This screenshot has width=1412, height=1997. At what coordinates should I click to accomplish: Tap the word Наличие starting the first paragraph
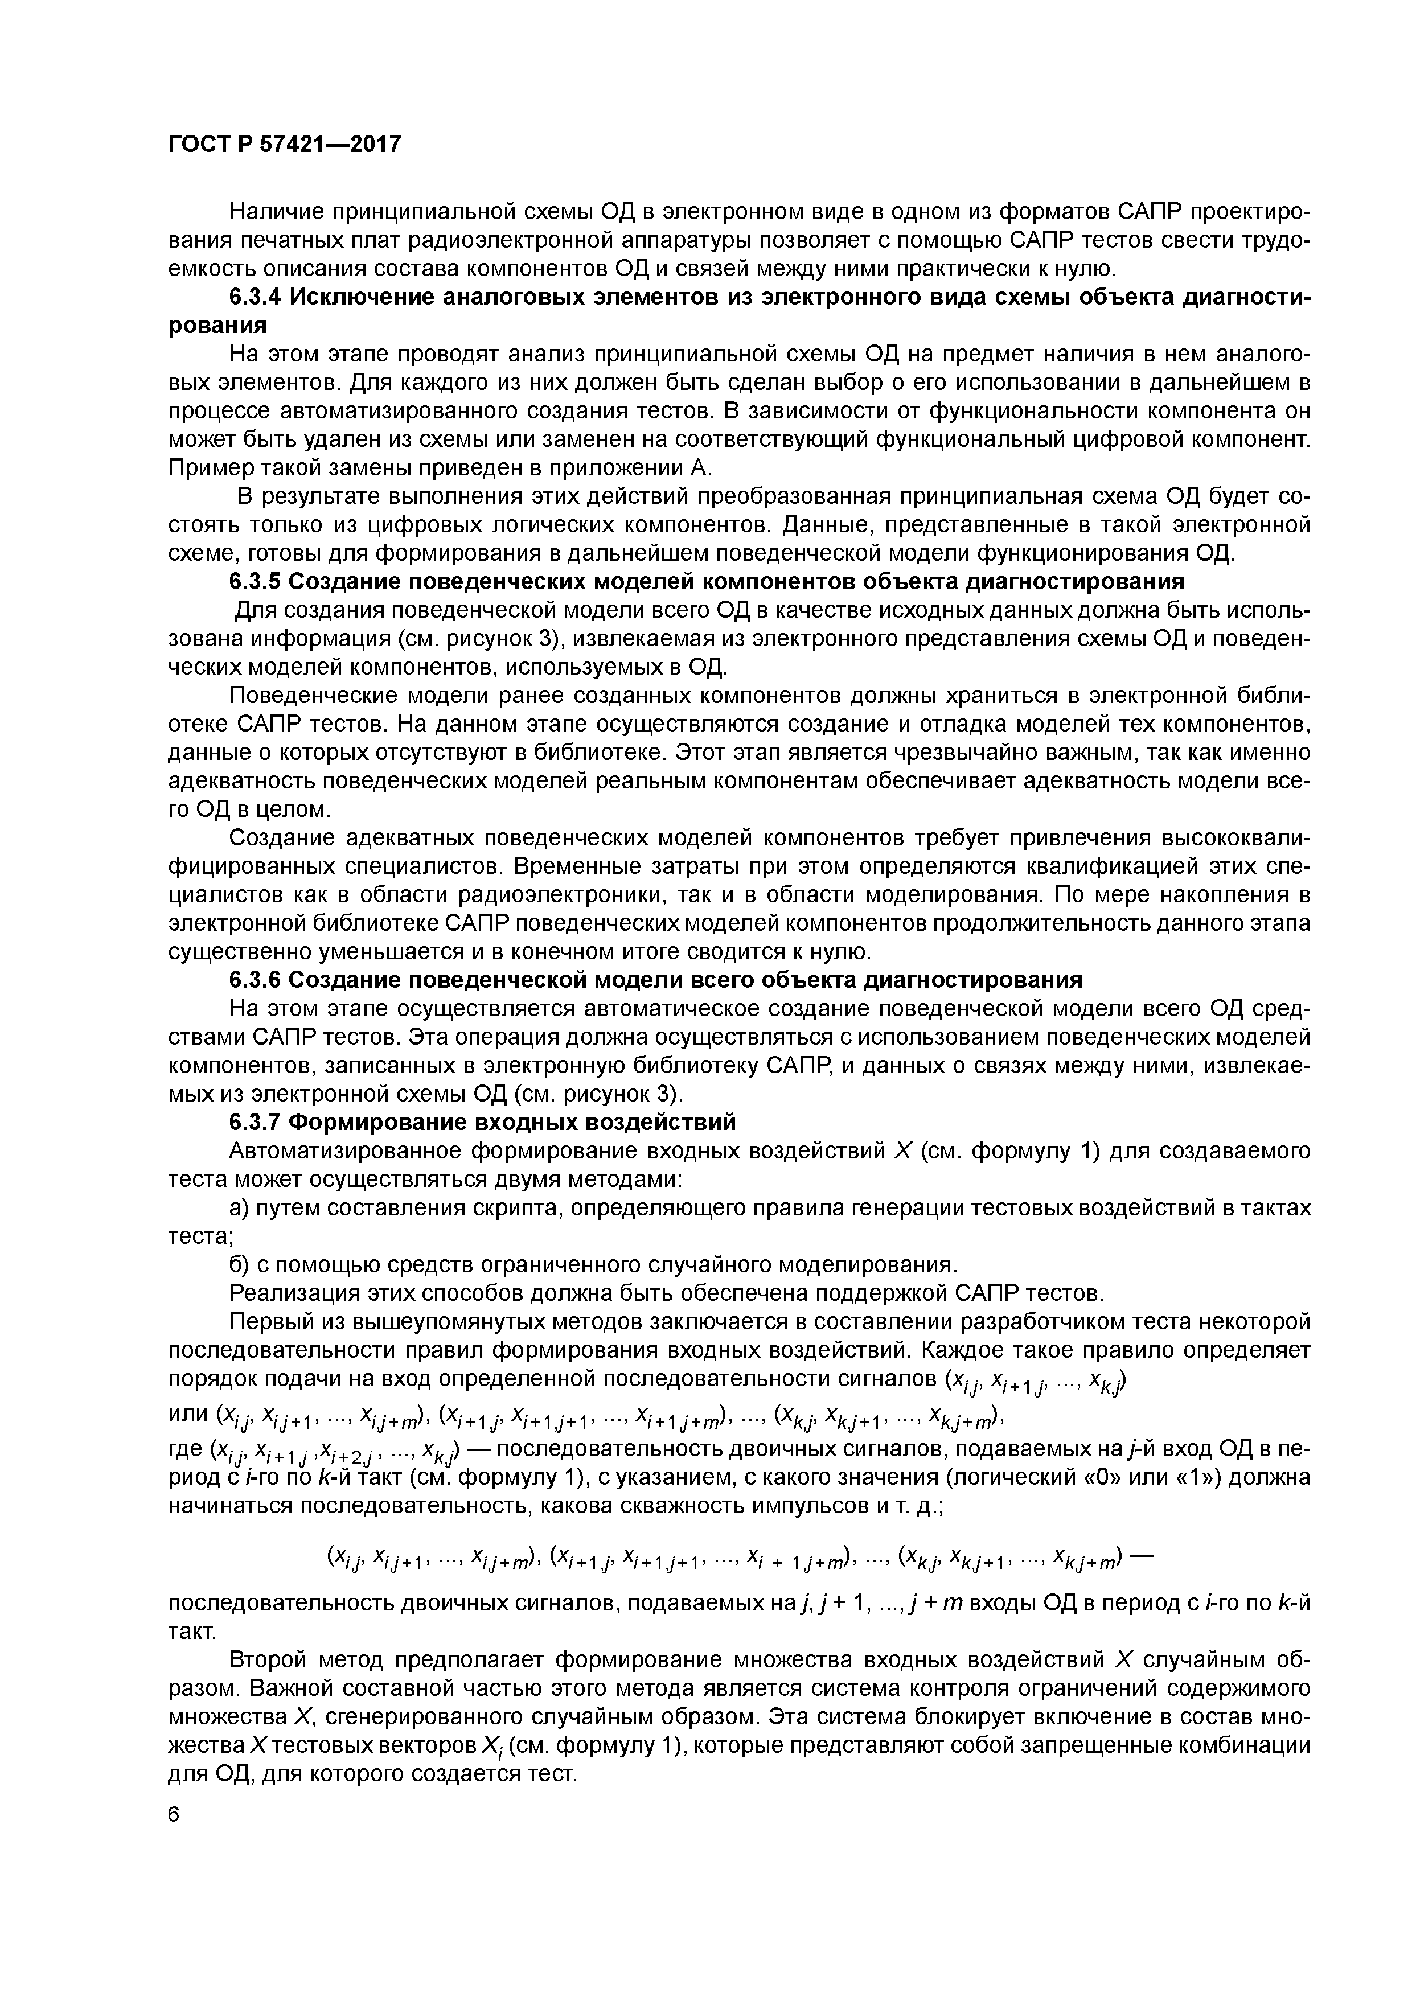tap(277, 211)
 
